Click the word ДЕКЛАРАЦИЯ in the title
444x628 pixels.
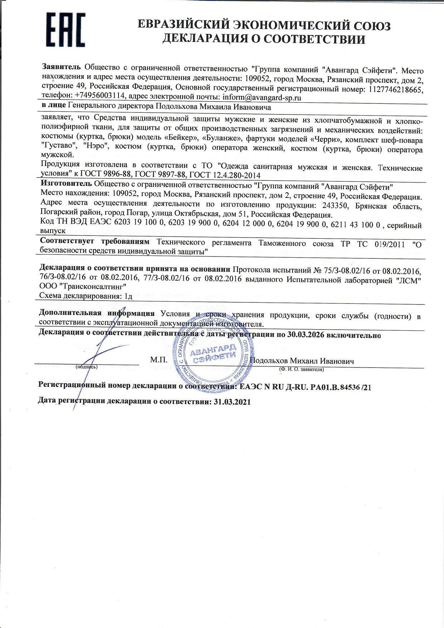[209, 39]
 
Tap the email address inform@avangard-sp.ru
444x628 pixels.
[261, 97]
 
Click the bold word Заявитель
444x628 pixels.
[62, 67]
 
